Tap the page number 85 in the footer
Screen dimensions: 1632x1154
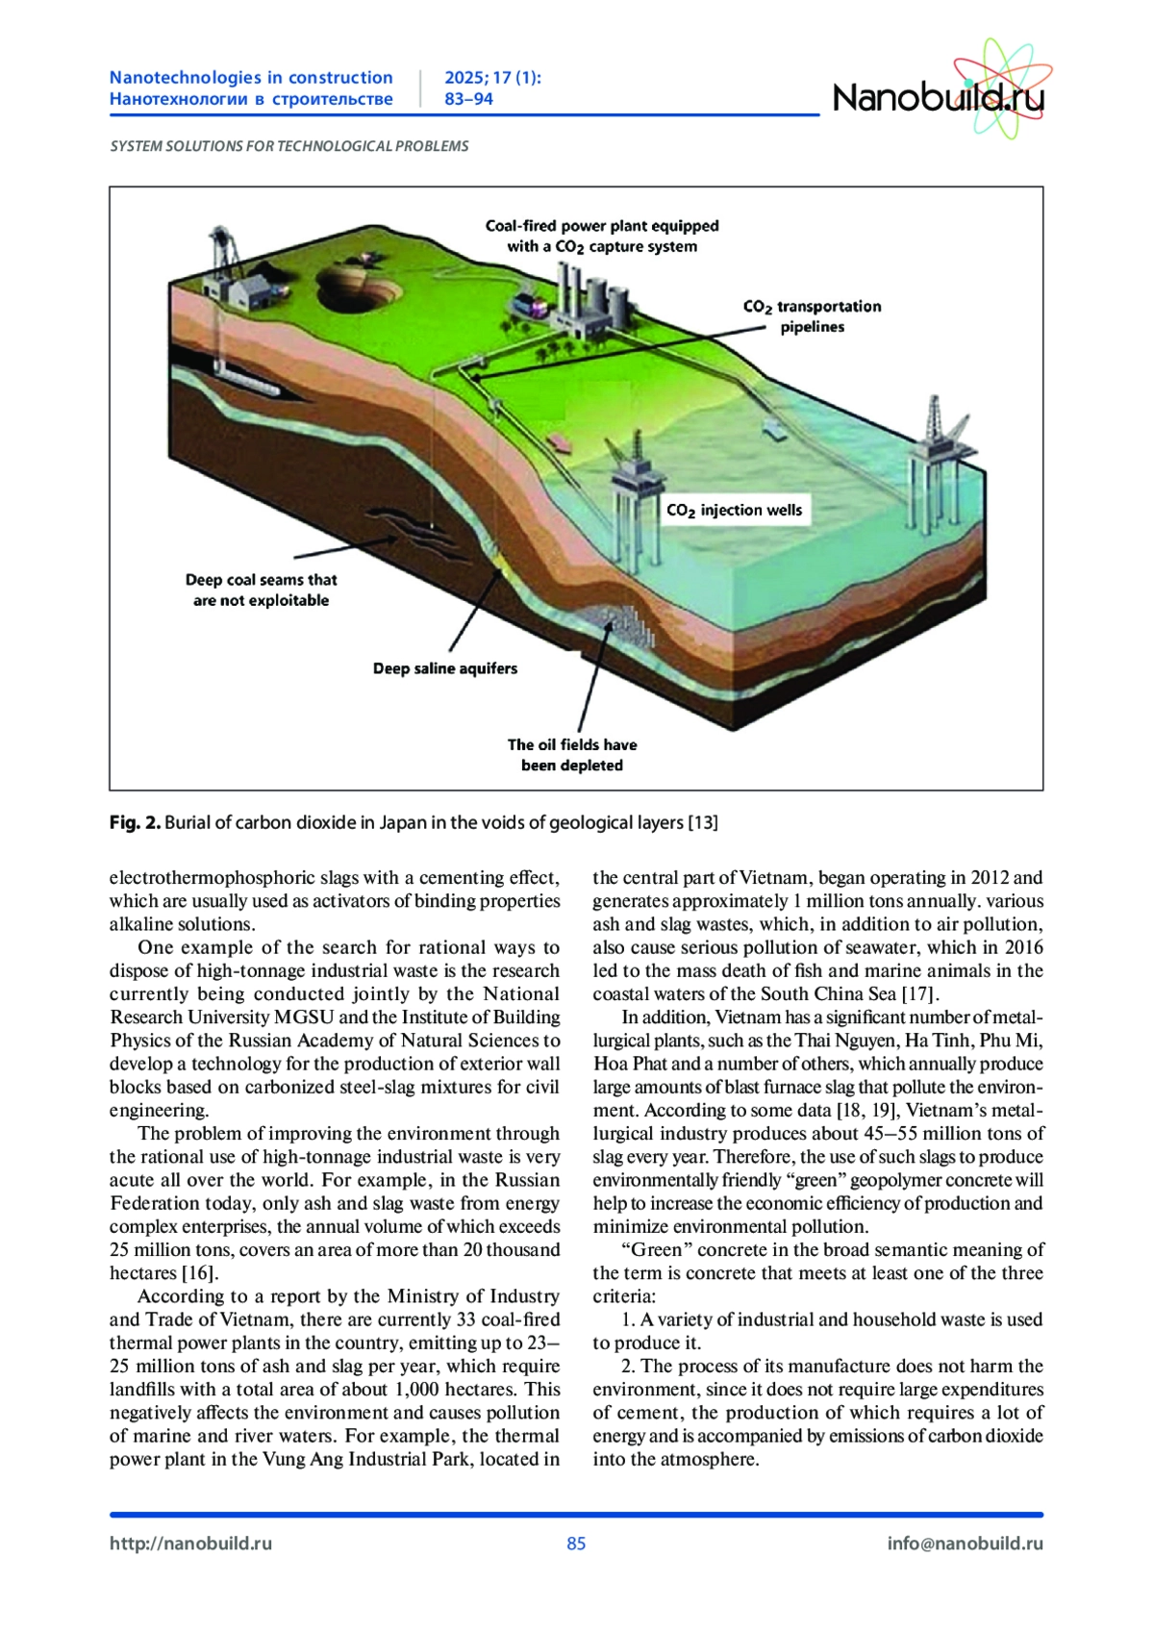click(x=576, y=1544)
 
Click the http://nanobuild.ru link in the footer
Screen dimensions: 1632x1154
click(x=190, y=1544)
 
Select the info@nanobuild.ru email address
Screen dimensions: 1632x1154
click(x=965, y=1544)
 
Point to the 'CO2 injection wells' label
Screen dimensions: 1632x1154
click(x=735, y=511)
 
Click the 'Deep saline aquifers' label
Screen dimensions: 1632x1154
click(x=445, y=668)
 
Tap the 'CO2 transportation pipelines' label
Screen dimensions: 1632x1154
click(x=812, y=316)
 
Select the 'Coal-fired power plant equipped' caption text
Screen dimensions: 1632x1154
click(x=602, y=226)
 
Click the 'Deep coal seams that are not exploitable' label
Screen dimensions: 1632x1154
click(x=262, y=590)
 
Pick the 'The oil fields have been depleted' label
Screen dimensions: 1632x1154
click(x=572, y=755)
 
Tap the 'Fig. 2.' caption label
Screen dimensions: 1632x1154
click(x=135, y=823)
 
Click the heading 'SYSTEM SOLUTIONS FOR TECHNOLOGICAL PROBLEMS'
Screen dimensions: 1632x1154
click(x=289, y=146)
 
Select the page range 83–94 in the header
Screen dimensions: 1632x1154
click(x=468, y=99)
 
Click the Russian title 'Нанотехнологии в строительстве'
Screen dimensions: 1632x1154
click(x=251, y=99)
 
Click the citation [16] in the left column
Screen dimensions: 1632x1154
click(x=200, y=1273)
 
